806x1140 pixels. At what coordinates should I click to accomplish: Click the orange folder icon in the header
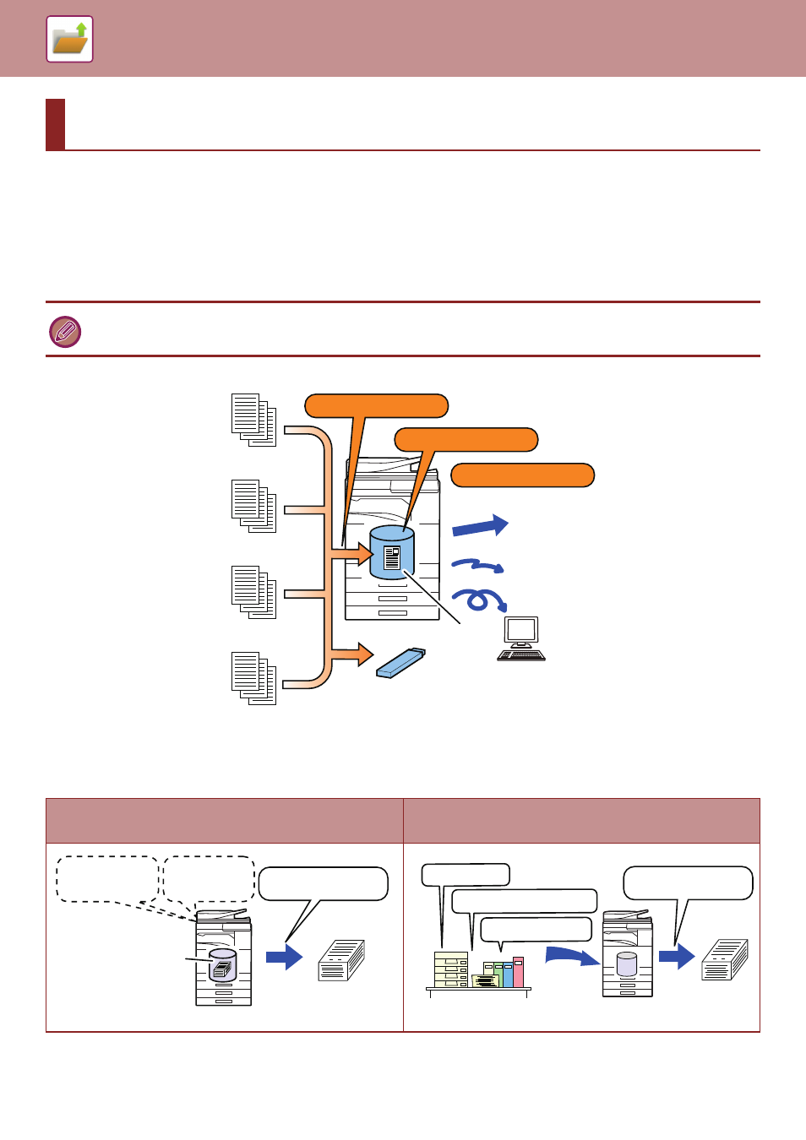pos(69,40)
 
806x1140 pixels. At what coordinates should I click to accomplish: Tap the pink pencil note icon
pos(65,331)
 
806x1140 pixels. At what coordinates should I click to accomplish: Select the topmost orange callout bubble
pos(376,406)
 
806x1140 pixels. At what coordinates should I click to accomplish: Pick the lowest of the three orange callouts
pos(522,475)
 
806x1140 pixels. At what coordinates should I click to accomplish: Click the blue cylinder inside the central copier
pos(392,552)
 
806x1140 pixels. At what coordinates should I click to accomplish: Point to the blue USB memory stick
pos(400,663)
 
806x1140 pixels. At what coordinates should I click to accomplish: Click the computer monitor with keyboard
pos(521,638)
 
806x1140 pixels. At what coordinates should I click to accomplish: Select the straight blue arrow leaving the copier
pos(480,527)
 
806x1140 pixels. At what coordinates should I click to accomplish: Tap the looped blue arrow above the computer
pos(479,600)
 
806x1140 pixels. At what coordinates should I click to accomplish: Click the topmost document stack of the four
pos(253,420)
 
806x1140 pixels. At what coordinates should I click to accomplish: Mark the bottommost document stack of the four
pos(253,678)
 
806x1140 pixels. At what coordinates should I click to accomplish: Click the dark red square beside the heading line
pos(55,125)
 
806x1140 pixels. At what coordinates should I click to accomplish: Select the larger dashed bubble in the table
pos(106,879)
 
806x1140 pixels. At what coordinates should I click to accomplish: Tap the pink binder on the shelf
pos(518,972)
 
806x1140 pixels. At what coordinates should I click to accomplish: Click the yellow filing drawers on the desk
pos(450,969)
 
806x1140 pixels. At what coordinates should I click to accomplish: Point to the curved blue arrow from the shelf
pos(571,955)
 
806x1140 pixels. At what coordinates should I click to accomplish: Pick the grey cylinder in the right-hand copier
pos(626,964)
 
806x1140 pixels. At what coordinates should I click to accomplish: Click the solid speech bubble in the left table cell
pos(323,884)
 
